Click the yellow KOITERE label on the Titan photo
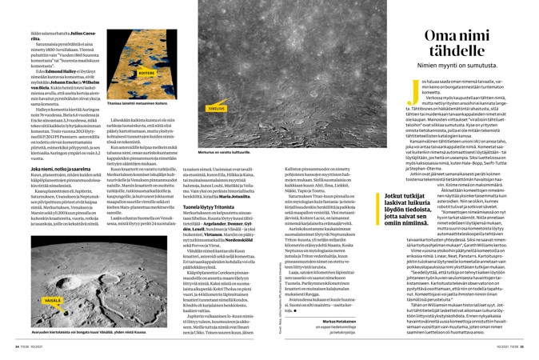point(146,72)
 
